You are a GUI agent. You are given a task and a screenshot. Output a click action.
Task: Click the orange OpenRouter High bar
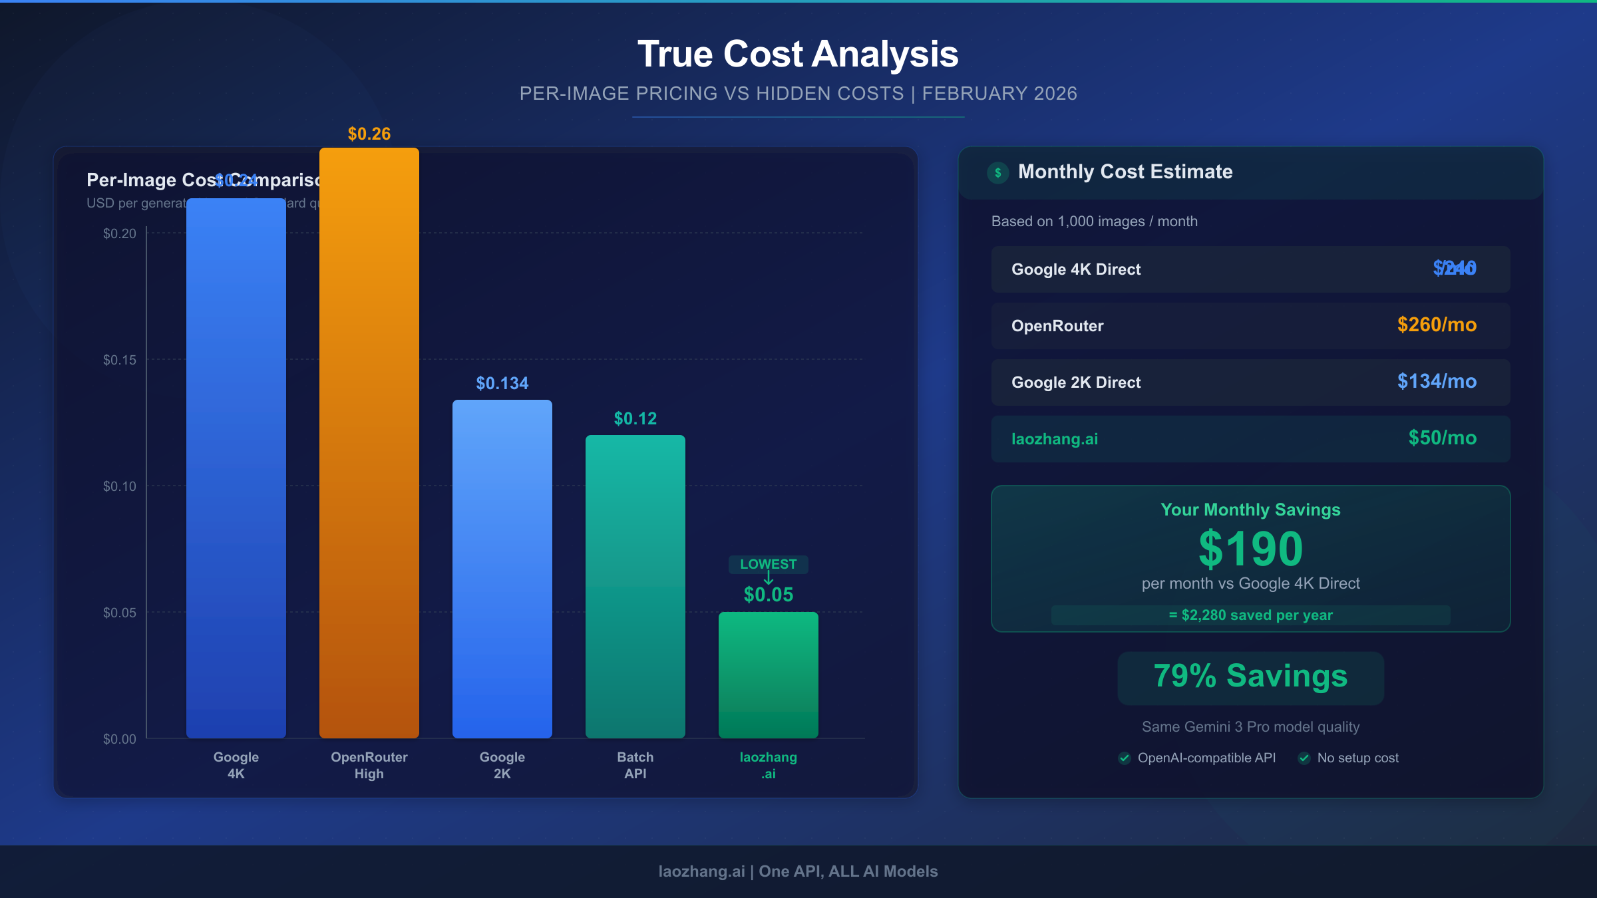369,442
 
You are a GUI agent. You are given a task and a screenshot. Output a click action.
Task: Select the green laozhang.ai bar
769,674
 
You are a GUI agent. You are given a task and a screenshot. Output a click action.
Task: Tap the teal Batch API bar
635,586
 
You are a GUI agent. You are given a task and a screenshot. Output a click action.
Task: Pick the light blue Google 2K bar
502,569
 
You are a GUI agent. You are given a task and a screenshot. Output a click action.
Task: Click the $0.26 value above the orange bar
369,134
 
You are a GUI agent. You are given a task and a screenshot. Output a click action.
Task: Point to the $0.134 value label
502,383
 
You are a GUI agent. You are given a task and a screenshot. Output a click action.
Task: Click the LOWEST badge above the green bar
769,564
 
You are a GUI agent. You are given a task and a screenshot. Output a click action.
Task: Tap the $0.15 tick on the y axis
120,360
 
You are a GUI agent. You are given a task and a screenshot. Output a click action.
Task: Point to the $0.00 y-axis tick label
120,739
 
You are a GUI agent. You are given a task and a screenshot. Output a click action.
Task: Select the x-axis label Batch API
635,765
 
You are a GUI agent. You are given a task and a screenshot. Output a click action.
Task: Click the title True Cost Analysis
798,54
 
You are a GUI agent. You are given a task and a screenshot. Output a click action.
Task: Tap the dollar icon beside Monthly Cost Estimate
997,173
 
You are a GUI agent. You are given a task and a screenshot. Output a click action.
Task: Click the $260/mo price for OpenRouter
1437,325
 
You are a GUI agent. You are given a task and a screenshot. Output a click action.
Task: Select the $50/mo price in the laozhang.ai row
1442,438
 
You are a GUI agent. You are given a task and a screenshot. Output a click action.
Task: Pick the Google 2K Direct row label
1076,382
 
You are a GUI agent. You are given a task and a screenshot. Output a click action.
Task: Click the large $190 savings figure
1250,549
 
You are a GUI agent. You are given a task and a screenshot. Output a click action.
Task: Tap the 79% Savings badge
1250,676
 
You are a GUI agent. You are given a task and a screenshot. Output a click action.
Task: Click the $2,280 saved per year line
1250,615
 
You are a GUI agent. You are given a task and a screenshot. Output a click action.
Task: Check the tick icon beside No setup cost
1304,758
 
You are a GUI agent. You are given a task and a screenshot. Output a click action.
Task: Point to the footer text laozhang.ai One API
798,871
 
